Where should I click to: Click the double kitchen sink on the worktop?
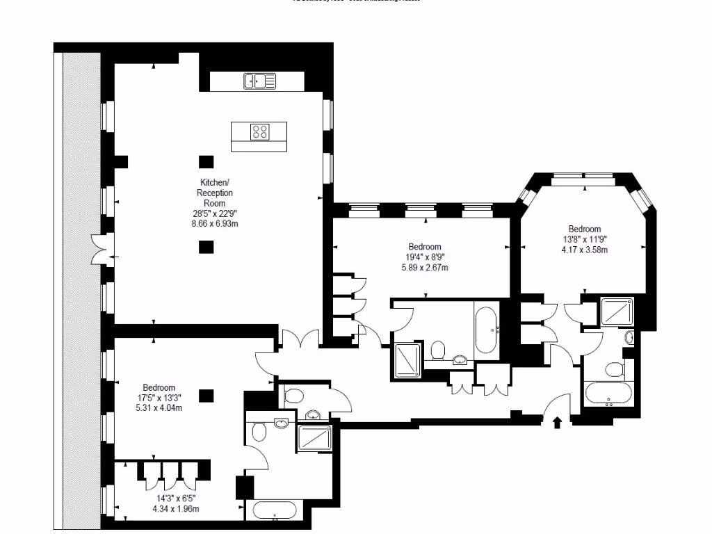(x=259, y=81)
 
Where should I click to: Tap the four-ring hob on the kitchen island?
(x=260, y=131)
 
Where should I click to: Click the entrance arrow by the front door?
(x=556, y=422)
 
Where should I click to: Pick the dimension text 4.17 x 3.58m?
(x=584, y=250)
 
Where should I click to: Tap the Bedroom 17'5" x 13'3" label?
(x=159, y=398)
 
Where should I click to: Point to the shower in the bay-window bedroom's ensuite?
(x=616, y=311)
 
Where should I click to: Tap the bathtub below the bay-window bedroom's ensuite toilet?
(x=608, y=394)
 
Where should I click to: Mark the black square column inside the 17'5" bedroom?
(x=206, y=396)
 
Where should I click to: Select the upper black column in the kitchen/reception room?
(x=206, y=161)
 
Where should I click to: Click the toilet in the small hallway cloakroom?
(x=293, y=396)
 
